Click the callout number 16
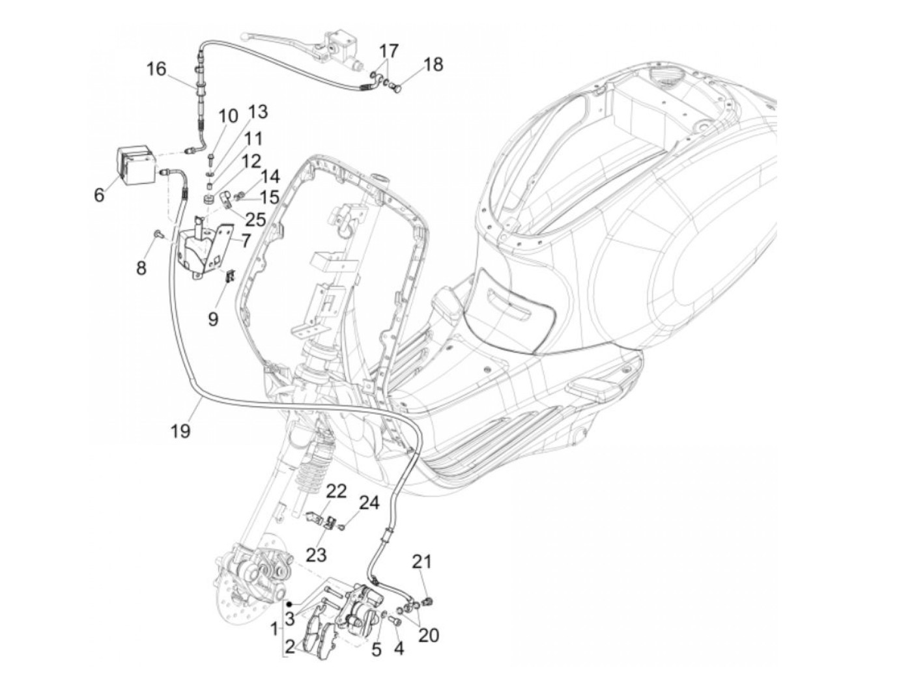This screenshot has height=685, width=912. coord(156,68)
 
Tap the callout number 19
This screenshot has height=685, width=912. coord(180,430)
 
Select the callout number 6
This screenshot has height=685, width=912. coord(99,194)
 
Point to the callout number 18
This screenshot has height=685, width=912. coord(433,64)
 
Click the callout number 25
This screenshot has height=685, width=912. coord(255,219)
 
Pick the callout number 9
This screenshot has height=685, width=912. coord(213,318)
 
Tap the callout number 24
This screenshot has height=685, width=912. coord(369,503)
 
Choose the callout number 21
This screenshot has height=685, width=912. coord(421,561)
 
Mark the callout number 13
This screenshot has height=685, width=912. coord(258,112)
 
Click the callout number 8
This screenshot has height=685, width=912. coord(141,267)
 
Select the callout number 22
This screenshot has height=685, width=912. coord(336,490)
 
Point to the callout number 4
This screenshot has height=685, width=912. coord(399,649)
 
